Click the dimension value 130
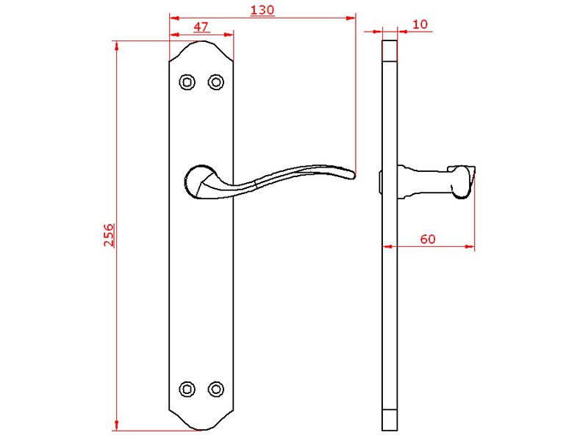262,10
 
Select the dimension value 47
201,27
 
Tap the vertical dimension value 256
109,234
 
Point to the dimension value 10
420,24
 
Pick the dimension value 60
428,239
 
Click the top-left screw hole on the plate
187,82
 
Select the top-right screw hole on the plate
216,82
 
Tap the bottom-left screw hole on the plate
187,390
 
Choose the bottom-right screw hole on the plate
216,390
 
